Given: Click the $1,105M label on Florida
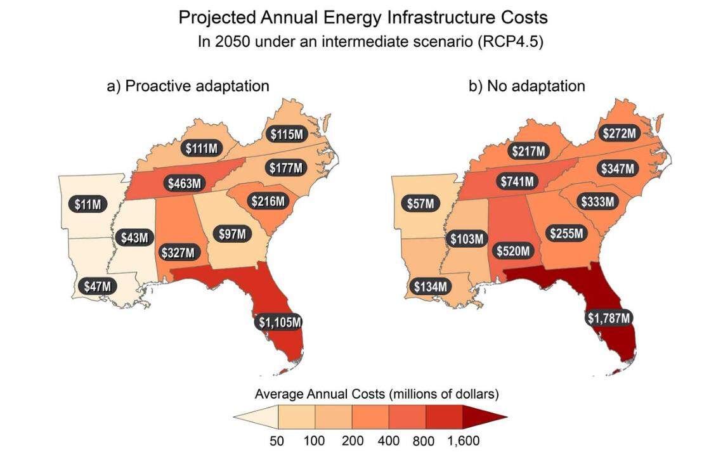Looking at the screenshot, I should (x=280, y=321).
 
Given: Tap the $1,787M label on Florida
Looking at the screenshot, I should (x=608, y=318).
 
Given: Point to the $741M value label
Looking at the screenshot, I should (x=516, y=181).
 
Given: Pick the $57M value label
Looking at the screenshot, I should (x=420, y=204).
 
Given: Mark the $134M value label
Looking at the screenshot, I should (x=431, y=286).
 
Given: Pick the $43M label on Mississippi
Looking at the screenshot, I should (x=134, y=238).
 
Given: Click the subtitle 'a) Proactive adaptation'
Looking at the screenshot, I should (x=188, y=86).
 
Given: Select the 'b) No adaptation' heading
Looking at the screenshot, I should (x=526, y=86).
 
